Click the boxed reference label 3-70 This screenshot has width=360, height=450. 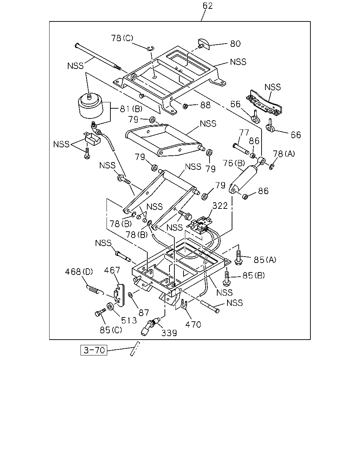(x=94, y=350)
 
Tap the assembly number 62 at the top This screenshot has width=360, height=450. (x=207, y=6)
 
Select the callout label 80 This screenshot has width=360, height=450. (x=235, y=44)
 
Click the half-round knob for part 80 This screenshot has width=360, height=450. (x=204, y=44)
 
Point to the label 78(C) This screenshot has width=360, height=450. (x=122, y=38)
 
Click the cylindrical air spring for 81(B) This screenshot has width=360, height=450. (x=91, y=106)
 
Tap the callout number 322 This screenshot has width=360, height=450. (x=220, y=206)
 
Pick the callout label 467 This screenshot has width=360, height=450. (x=112, y=270)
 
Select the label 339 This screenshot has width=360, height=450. (x=169, y=333)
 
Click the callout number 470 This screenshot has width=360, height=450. (x=193, y=324)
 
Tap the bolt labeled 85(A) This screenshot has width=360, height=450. (x=238, y=257)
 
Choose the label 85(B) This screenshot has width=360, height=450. (x=253, y=276)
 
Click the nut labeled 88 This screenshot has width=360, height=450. (x=185, y=106)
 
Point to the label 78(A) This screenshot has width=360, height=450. (x=284, y=154)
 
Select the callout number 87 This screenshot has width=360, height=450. (x=144, y=313)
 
